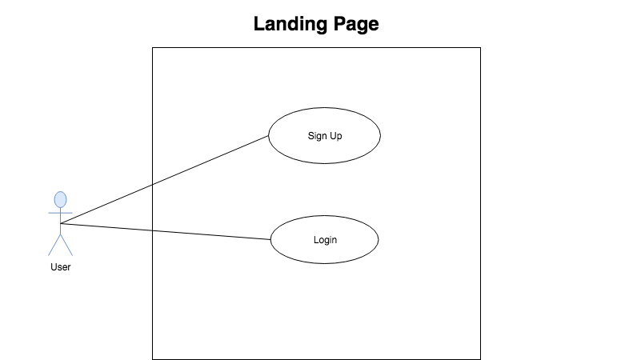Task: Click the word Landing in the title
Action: point(290,24)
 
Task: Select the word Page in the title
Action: point(356,24)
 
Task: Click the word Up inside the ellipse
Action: point(335,136)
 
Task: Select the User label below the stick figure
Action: point(61,267)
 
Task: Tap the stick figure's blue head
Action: point(61,199)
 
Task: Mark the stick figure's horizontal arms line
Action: point(61,213)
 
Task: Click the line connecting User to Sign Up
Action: point(164,179)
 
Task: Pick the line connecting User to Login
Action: point(166,232)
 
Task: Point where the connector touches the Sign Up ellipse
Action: point(269,136)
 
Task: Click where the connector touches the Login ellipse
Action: point(270,239)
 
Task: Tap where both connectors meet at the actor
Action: point(61,223)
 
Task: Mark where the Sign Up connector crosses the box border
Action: point(153,185)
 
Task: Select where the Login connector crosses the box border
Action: point(153,230)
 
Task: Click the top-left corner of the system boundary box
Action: point(153,48)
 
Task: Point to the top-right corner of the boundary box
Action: point(480,48)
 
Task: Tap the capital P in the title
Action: point(339,23)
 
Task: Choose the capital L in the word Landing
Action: point(258,23)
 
